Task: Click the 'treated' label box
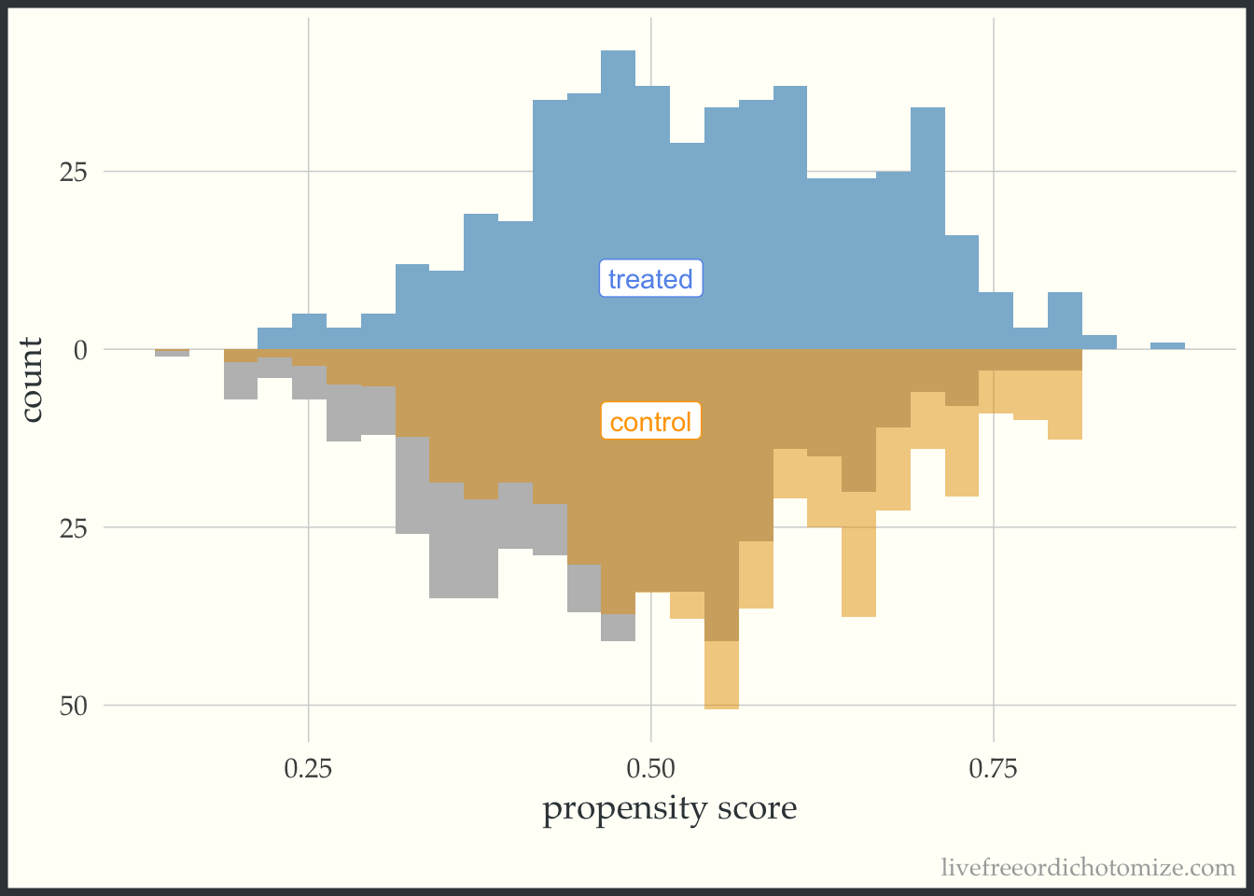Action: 650,278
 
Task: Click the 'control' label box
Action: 650,422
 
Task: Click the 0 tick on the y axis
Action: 80,350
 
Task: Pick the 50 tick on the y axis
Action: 74,706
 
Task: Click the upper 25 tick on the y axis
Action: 74,172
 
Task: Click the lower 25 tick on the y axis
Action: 74,527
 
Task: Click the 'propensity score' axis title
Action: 669,808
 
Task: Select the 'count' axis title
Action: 33,380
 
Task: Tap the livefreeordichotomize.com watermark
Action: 1088,868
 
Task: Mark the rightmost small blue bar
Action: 1167,346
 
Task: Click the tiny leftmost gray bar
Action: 172,353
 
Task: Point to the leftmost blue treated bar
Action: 274,339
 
